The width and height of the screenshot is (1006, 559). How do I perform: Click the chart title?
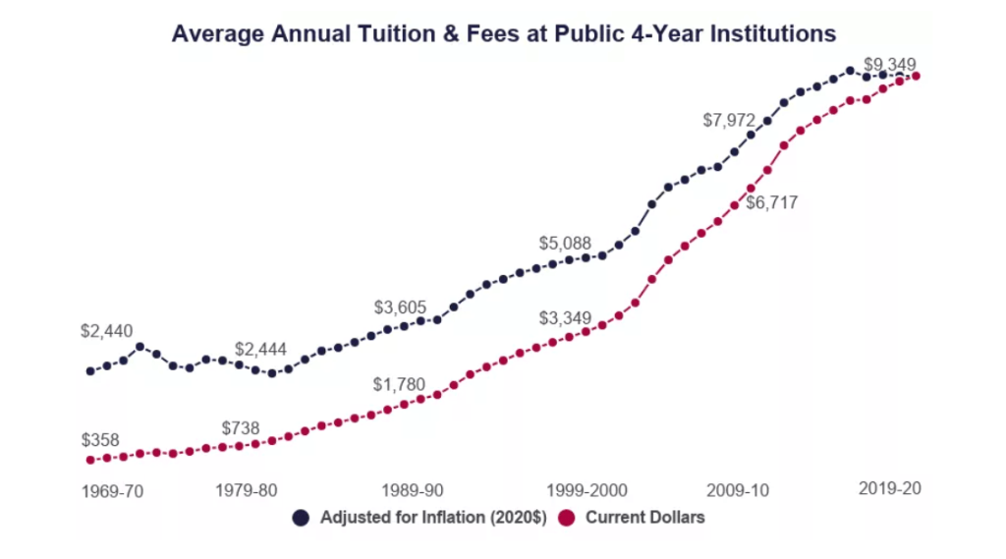503,33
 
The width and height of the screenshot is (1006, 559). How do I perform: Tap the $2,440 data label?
106,332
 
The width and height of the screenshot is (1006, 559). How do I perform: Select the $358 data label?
99,439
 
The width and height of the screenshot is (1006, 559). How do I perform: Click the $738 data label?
241,427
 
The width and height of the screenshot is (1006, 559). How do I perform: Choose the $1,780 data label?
398,384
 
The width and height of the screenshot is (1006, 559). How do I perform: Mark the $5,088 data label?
564,243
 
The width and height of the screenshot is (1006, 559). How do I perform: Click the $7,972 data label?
729,120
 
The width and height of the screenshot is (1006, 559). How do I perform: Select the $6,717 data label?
771,203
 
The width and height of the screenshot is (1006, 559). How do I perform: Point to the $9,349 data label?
889,66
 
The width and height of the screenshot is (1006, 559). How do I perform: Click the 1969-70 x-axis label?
112,491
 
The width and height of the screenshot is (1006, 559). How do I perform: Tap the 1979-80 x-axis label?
246,489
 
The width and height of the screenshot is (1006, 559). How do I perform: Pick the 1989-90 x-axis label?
410,489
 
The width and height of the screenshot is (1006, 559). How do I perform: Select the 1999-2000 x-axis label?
581,489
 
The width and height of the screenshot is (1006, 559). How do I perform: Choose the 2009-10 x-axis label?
738,489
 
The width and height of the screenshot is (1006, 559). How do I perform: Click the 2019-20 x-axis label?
889,488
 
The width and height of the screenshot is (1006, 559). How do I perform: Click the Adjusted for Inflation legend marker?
302,518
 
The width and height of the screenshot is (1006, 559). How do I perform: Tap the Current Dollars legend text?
645,518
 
